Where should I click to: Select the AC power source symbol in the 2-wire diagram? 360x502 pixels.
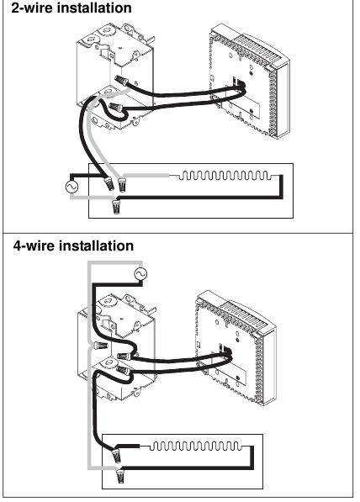[71, 185]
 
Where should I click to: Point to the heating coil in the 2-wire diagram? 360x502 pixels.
[223, 176]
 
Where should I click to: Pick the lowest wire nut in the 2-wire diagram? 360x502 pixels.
[115, 204]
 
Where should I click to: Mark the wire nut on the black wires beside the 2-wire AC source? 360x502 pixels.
[108, 182]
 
